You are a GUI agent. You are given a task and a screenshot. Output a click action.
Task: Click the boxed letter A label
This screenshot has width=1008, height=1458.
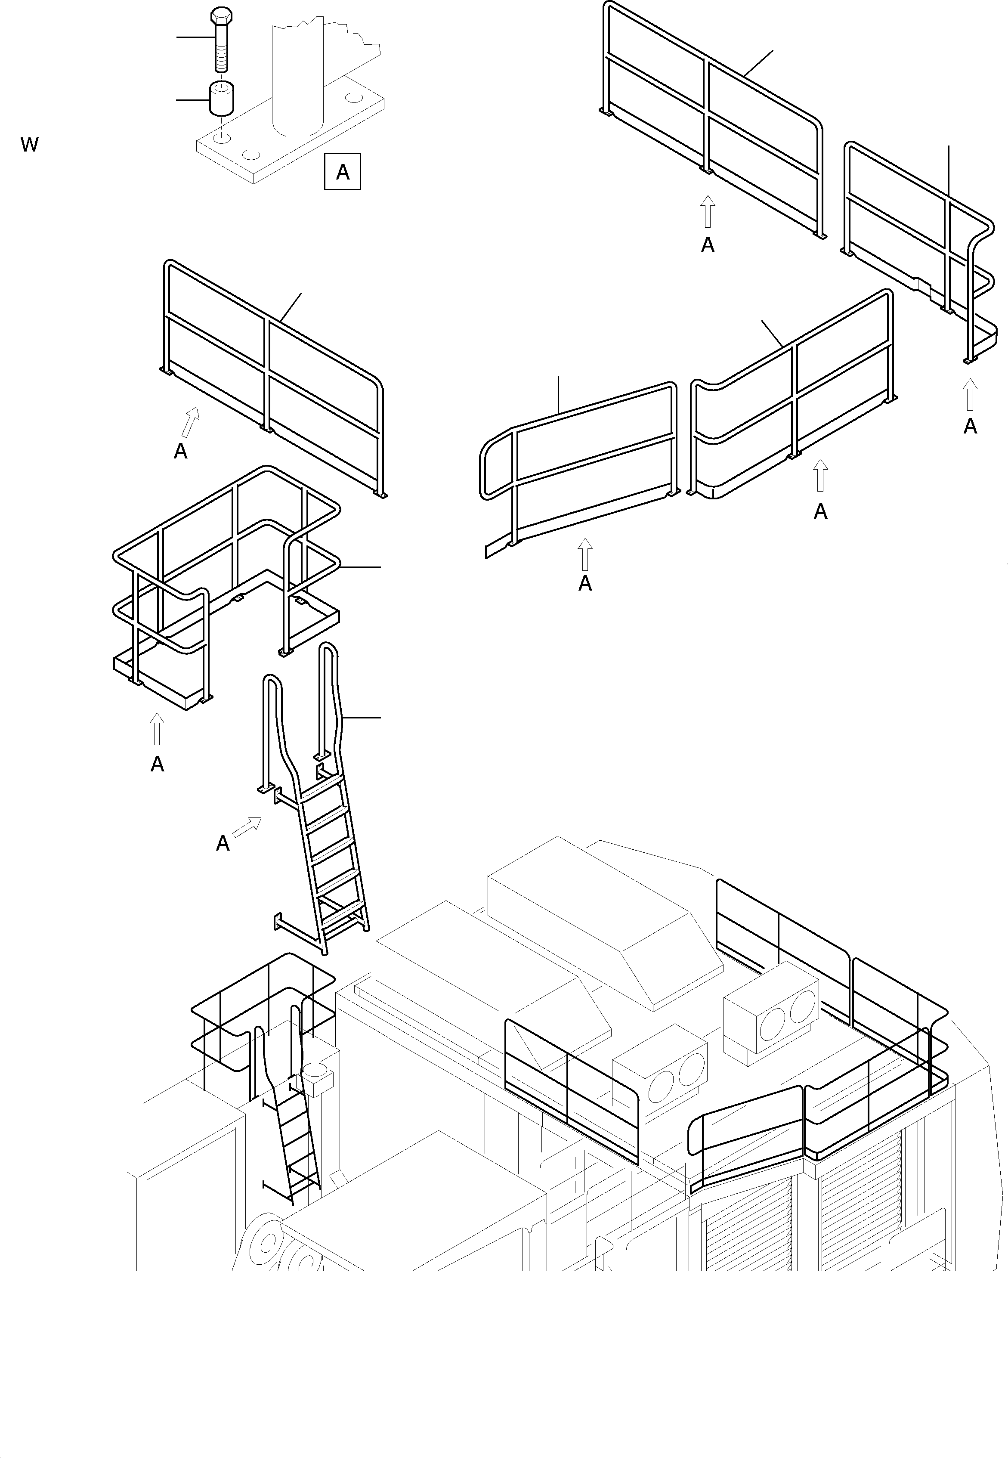pyautogui.click(x=342, y=171)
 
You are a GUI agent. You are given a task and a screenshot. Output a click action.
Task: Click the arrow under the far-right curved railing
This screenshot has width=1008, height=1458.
pyautogui.click(x=970, y=394)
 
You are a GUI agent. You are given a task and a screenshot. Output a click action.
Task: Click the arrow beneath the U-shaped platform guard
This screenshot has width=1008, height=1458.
pyautogui.click(x=157, y=729)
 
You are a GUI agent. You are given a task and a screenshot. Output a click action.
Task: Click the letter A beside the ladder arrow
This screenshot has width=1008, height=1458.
pyautogui.click(x=223, y=843)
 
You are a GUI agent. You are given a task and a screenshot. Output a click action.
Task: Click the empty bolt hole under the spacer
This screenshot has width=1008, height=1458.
pyautogui.click(x=220, y=136)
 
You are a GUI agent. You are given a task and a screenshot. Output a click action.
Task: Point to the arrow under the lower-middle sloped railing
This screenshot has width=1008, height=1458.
pyautogui.click(x=585, y=554)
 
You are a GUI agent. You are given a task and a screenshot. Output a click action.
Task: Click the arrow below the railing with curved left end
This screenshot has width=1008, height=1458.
pyautogui.click(x=820, y=475)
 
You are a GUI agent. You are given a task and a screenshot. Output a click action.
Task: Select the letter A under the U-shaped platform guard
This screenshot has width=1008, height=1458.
pyautogui.click(x=157, y=765)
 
